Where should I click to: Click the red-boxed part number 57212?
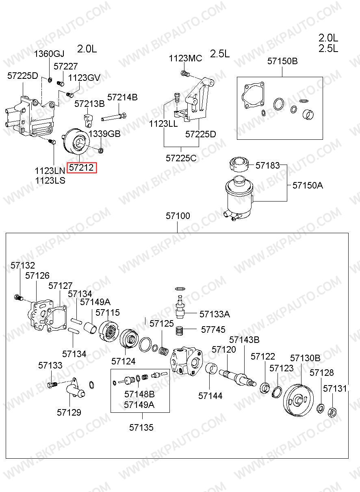coord(82,168)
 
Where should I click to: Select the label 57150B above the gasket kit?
coord(282,61)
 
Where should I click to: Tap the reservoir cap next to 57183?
coord(239,164)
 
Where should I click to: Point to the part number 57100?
coord(178,216)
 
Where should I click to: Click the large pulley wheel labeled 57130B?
coord(299,400)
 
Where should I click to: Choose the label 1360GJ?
coord(49,54)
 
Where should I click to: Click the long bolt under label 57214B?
coord(113,117)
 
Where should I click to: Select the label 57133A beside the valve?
coord(215,314)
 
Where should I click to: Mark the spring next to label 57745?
coord(180,331)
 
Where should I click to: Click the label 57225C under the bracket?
coord(181,158)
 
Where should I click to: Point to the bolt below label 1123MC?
coord(185,73)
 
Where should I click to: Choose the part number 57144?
coord(210,396)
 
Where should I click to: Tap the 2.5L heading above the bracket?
coord(220,54)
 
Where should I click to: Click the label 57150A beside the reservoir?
coord(308,186)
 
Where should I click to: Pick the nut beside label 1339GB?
coord(101,150)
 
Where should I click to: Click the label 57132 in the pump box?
coord(23,266)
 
